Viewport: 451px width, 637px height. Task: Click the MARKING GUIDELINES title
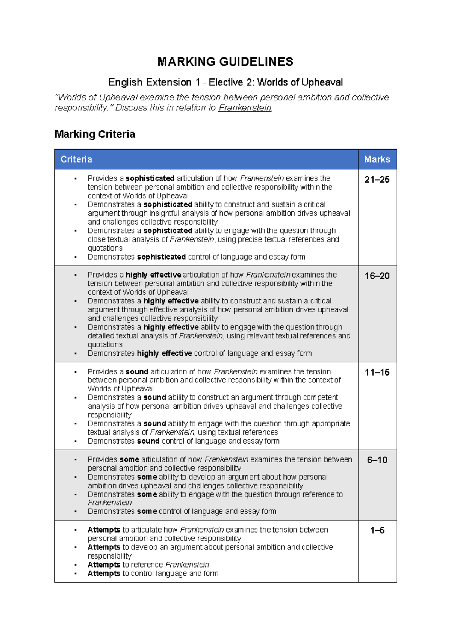pos(225,62)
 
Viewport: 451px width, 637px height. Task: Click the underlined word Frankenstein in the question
pos(245,108)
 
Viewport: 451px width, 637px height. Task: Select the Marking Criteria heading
pos(95,134)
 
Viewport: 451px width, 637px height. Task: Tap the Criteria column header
pos(76,159)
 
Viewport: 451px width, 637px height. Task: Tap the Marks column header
pos(377,159)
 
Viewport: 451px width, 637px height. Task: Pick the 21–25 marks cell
pos(377,180)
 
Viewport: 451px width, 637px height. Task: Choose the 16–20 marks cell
pos(377,276)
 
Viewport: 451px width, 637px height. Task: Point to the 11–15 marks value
pos(377,373)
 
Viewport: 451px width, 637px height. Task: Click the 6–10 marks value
pos(377,460)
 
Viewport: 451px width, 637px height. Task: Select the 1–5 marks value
pos(377,530)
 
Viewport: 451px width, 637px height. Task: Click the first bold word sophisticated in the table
pos(150,178)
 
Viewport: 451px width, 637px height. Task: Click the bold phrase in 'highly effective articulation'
pos(153,275)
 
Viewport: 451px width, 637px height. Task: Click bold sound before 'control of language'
pos(148,441)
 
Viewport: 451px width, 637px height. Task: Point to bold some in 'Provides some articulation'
pos(129,459)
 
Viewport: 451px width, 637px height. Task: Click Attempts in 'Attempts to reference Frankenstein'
pos(104,565)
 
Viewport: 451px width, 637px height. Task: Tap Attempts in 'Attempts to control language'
pos(104,574)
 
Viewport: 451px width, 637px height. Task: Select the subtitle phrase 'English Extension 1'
pos(150,82)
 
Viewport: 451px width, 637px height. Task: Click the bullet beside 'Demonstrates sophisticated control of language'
pos(76,257)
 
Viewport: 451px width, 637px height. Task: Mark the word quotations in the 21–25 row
pos(105,248)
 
